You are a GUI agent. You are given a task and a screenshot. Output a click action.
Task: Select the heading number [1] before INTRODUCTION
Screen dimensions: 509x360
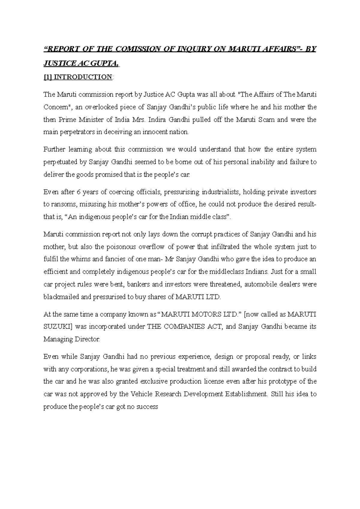pos(48,77)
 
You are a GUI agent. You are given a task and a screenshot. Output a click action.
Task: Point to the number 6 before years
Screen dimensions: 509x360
pos(75,192)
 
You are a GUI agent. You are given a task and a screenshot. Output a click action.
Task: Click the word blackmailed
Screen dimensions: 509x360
pos(61,297)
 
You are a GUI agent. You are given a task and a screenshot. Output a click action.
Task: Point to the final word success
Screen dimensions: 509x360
pos(147,407)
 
